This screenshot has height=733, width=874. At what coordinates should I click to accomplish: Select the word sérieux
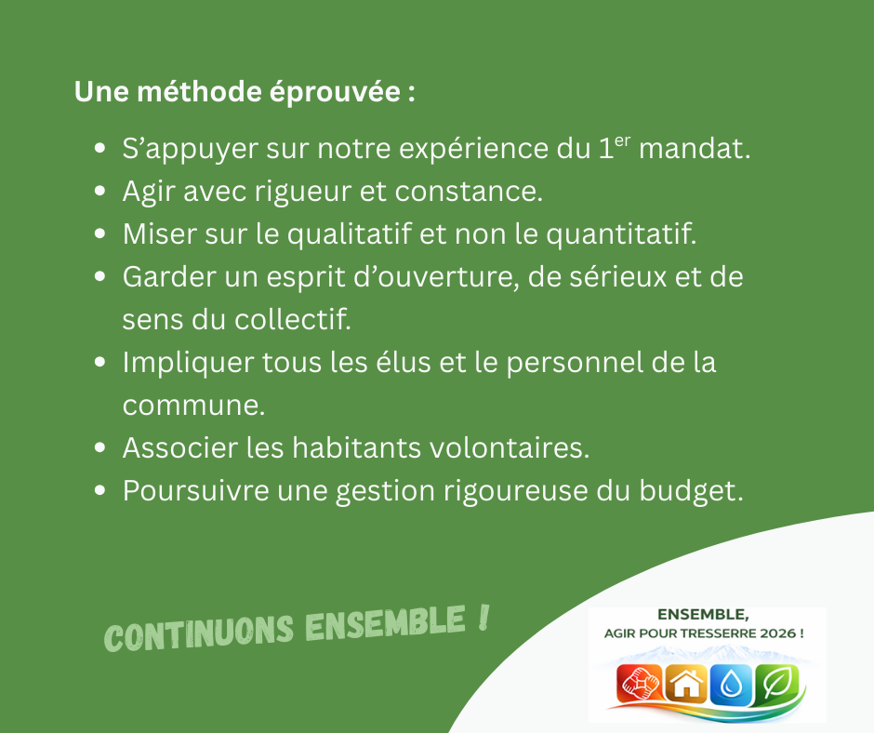pos(605,277)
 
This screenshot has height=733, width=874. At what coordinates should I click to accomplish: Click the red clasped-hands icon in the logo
pos(641,686)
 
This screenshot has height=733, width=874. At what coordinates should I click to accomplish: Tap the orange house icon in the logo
pos(686,686)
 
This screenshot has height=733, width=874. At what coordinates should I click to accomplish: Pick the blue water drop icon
pos(731,686)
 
